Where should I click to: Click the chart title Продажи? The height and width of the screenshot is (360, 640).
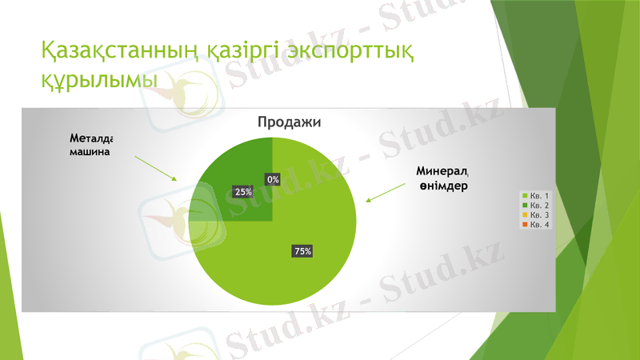[x=289, y=122]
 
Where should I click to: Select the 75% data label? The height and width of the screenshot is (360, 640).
[x=302, y=251]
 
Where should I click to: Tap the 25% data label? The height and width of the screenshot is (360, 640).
[x=243, y=192]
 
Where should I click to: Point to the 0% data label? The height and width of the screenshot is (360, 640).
[x=273, y=180]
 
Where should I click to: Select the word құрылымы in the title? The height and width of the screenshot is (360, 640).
[x=100, y=80]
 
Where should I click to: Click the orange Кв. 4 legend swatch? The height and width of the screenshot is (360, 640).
[x=525, y=225]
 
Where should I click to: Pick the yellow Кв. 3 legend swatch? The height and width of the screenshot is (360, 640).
[x=525, y=215]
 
